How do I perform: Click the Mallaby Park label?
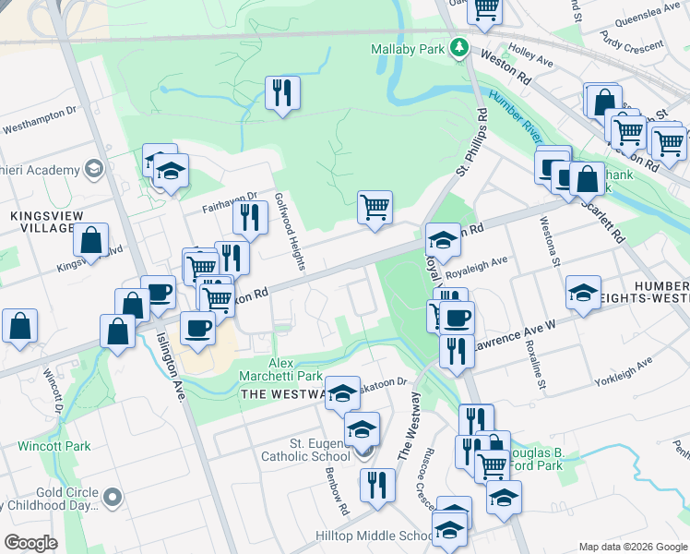(408, 48)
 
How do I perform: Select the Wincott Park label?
(54, 446)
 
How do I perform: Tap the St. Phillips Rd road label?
(470, 144)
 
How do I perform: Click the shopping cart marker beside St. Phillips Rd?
(375, 207)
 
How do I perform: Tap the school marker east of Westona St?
(583, 293)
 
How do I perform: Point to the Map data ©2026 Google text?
(632, 546)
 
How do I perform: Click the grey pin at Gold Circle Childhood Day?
(113, 498)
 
